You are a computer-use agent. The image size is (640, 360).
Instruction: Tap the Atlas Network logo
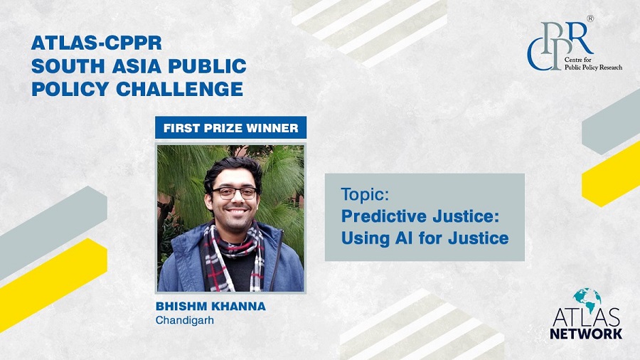586,314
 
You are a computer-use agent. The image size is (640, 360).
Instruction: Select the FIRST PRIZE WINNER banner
230,128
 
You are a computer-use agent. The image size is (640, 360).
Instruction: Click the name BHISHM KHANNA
210,306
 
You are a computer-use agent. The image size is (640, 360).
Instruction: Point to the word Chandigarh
184,320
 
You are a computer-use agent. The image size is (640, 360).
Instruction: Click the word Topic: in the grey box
365,194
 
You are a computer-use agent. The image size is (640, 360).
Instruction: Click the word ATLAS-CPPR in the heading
97,43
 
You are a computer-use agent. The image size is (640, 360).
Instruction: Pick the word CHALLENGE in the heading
180,89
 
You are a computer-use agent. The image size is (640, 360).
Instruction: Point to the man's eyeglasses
234,193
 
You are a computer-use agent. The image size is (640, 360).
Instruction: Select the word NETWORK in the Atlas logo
586,333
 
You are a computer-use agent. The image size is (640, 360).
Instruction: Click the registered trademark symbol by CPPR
590,18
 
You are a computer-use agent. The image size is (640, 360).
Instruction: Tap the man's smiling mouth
237,212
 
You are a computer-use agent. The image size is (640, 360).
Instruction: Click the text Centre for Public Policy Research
593,63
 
